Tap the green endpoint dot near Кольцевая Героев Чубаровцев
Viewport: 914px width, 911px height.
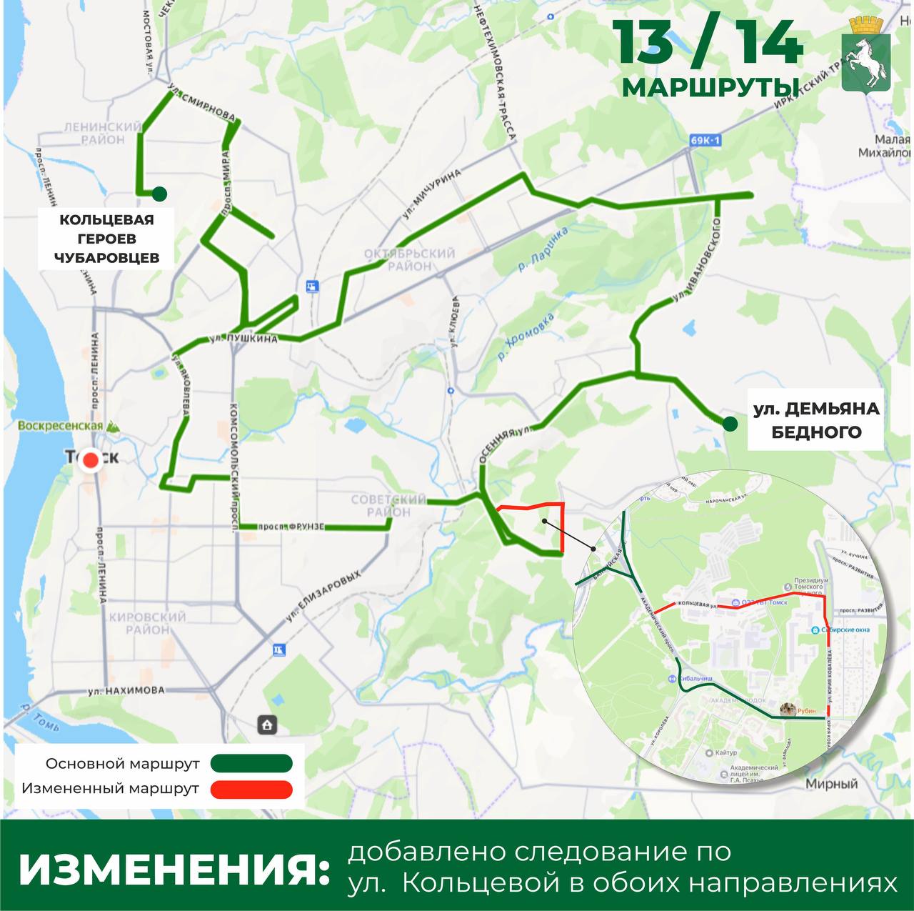(x=159, y=194)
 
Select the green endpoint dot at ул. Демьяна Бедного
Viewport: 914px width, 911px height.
(x=729, y=424)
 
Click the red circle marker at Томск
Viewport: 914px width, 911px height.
(x=91, y=460)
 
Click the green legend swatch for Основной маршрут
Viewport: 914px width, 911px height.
(x=251, y=763)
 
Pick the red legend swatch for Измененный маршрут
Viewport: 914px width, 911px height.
(x=251, y=789)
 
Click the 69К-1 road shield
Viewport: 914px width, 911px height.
(x=706, y=141)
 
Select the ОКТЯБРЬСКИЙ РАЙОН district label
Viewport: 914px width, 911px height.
(x=409, y=259)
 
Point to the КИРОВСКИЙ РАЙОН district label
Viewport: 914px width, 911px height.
(x=146, y=622)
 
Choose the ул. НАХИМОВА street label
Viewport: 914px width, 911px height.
(x=126, y=691)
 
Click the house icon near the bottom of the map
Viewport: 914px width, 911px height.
(x=267, y=725)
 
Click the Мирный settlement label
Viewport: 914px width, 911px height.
(x=831, y=784)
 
